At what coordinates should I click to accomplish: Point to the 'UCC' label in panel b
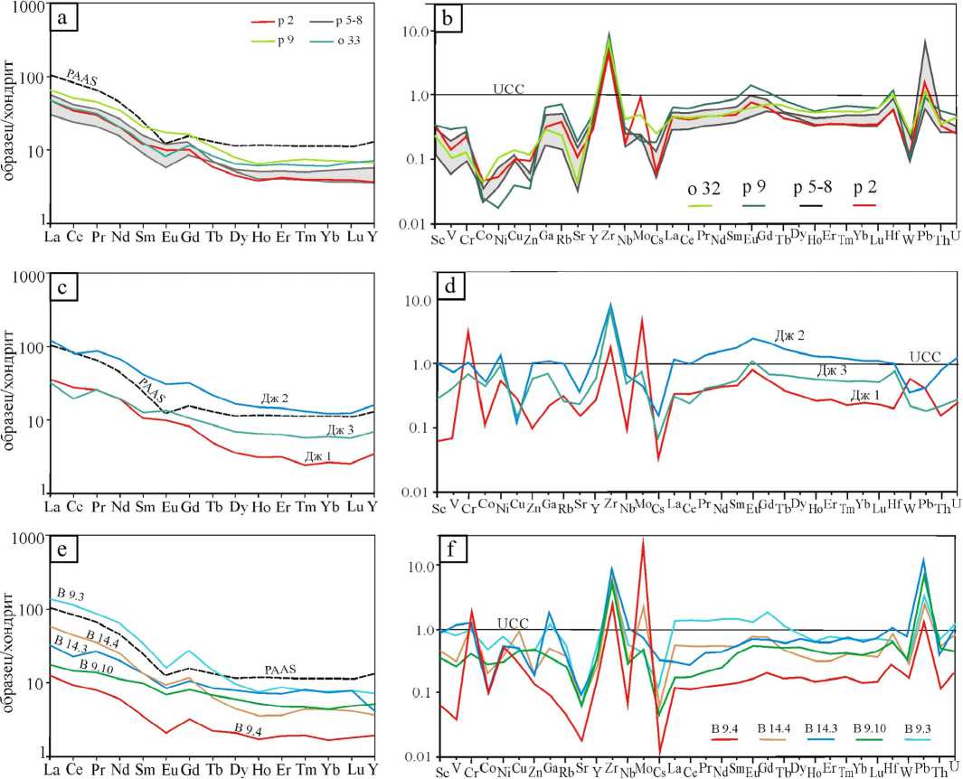(x=508, y=89)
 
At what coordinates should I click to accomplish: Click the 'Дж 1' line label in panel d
(x=864, y=396)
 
